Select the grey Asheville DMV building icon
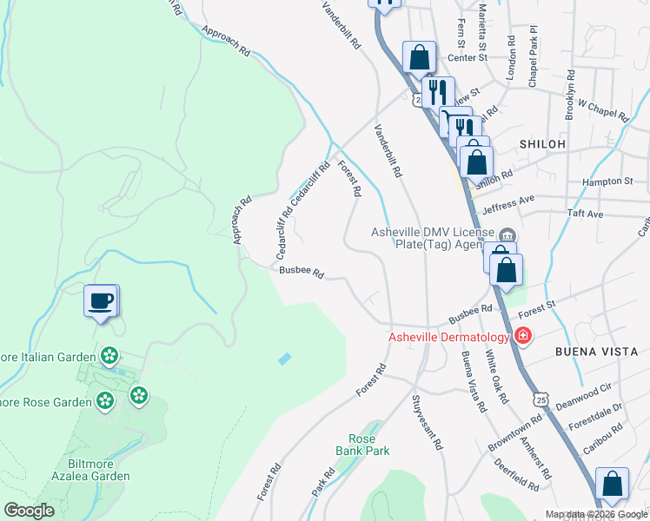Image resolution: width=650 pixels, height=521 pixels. tap(507, 234)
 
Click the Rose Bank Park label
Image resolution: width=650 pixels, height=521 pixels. tap(362, 445)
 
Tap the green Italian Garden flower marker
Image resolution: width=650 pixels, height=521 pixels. tap(109, 354)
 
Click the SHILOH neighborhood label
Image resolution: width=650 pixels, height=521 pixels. tap(542, 144)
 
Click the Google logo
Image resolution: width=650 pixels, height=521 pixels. tap(29, 511)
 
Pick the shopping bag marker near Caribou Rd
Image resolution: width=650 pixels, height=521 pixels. tap(613, 485)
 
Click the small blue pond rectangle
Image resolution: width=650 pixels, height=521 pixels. tap(286, 358)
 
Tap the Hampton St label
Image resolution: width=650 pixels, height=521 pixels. tap(607, 181)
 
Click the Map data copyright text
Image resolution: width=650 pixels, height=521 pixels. tap(596, 515)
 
